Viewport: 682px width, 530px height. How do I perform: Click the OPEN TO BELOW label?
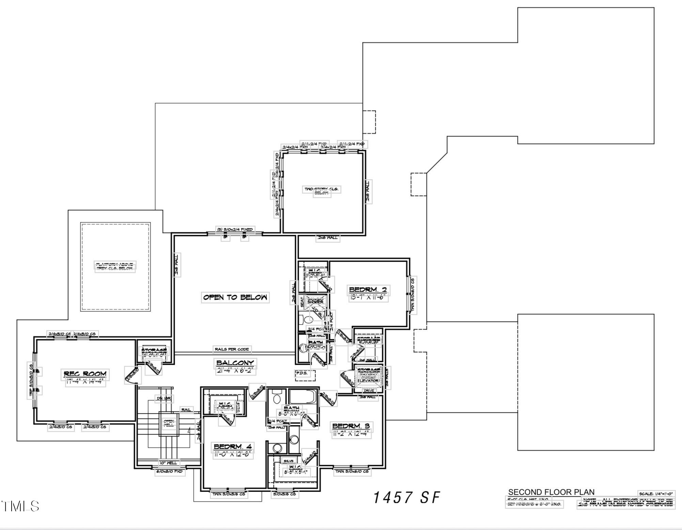[235, 297]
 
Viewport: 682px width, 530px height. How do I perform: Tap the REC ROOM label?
[85, 374]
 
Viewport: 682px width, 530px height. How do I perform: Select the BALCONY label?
[235, 363]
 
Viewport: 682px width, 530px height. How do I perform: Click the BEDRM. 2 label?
[368, 290]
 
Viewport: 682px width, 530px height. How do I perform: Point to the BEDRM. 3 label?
[351, 426]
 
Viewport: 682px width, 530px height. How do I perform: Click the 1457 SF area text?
[407, 497]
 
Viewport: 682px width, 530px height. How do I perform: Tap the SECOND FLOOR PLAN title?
[551, 492]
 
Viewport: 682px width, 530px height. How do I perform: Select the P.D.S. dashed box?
[305, 375]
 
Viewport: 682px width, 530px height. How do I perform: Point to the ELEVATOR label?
[368, 380]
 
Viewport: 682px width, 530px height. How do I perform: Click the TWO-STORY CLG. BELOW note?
[322, 191]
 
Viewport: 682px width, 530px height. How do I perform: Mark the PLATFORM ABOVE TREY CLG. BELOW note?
[115, 266]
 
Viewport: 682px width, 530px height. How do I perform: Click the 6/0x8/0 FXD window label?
[170, 472]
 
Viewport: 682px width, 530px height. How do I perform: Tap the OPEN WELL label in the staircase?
[169, 423]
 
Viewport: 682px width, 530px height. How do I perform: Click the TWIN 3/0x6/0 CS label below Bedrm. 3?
[352, 471]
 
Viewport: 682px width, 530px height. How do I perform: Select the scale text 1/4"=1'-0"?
[656, 494]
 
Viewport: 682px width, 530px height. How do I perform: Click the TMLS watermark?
[20, 506]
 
